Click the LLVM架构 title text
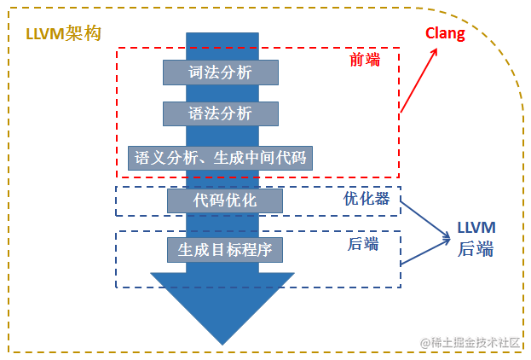click(x=65, y=33)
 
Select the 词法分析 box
click(x=221, y=73)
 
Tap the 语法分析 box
click(x=221, y=113)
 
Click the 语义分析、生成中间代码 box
click(x=221, y=158)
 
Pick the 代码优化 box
click(x=224, y=200)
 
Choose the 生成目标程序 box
click(x=224, y=249)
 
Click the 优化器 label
click(x=366, y=199)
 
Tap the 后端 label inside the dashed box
click(x=363, y=244)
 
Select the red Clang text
click(x=446, y=34)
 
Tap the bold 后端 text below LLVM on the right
click(x=476, y=249)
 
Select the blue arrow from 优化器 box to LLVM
click(x=425, y=221)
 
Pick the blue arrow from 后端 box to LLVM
click(x=425, y=253)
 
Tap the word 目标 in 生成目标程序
click(x=224, y=249)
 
